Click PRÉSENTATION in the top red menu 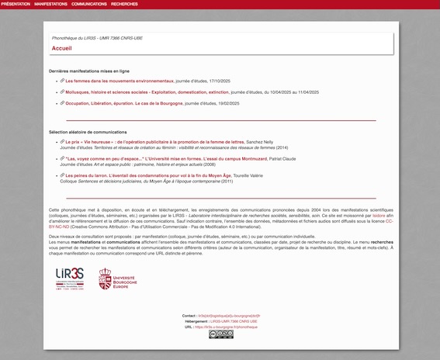16,4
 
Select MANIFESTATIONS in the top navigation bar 50,4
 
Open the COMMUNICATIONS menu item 89,4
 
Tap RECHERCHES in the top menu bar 124,4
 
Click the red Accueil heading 61,48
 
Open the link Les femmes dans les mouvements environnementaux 120,81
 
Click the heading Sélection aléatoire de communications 88,132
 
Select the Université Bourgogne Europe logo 118,279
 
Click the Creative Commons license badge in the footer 220,334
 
